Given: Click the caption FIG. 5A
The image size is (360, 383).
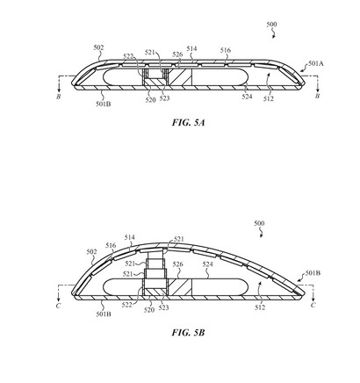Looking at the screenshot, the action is [x=188, y=122].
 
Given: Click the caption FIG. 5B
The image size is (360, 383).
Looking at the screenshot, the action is [x=188, y=333].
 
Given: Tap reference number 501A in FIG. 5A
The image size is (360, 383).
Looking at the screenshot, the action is [x=316, y=63].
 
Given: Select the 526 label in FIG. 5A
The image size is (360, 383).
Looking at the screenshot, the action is [x=177, y=54].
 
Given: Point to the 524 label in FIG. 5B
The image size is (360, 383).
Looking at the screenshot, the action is [x=207, y=264].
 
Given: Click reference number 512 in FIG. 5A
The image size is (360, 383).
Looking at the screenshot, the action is [x=269, y=99].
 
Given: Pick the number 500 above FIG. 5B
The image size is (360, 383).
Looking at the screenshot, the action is [x=259, y=223].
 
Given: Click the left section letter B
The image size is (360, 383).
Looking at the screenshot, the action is [x=59, y=97].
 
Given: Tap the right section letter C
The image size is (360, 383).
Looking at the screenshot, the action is [x=313, y=305].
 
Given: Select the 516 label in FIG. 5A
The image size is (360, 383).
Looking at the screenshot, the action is [x=226, y=50].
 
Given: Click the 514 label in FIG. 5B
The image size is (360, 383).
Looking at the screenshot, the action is [x=129, y=237].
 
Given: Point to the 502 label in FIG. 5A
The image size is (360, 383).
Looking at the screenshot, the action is [x=98, y=47].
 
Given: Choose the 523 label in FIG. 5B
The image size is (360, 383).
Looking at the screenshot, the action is [x=163, y=307].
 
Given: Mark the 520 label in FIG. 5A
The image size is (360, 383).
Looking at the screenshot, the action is [x=150, y=100].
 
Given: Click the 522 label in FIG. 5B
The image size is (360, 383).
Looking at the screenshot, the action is [x=127, y=305].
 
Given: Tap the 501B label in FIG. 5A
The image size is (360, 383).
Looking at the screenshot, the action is [x=104, y=104].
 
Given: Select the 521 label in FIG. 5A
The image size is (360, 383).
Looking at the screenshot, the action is [x=150, y=53].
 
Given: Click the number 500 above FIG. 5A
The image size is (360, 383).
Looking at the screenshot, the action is [x=271, y=25].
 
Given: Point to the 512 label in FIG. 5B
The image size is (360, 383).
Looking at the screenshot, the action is [x=260, y=307].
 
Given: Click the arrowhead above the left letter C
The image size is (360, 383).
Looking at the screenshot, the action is [x=59, y=299].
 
